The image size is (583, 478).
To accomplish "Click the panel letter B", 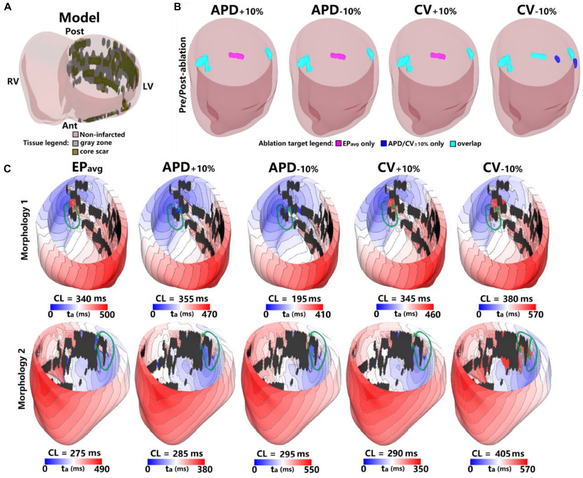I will pos(178,7).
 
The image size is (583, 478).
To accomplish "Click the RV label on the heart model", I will pos(13,81).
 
